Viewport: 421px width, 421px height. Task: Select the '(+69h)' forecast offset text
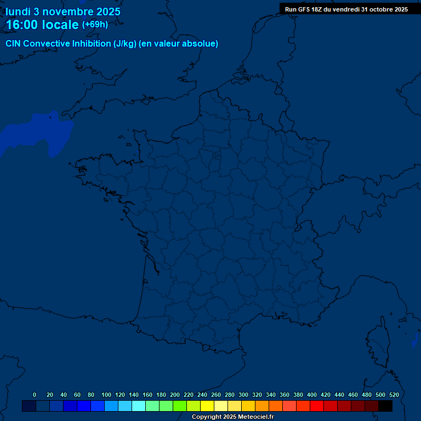point(95,25)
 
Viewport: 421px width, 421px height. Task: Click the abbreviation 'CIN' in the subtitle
point(14,44)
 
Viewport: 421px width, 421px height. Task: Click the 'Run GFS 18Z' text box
point(346,9)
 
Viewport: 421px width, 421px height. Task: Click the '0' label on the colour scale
point(35,395)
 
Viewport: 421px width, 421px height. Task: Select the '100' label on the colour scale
point(106,395)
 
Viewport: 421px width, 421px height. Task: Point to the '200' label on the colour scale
point(175,395)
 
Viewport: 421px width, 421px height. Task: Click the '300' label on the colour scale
point(243,395)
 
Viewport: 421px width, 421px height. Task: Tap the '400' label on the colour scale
point(312,395)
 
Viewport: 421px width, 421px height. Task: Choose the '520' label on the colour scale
point(394,395)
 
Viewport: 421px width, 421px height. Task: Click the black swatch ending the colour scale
point(385,406)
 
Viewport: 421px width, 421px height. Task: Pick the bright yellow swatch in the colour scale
point(207,406)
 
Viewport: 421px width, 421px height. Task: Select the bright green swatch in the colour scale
point(180,406)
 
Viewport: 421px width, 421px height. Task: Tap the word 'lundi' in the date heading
point(18,12)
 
